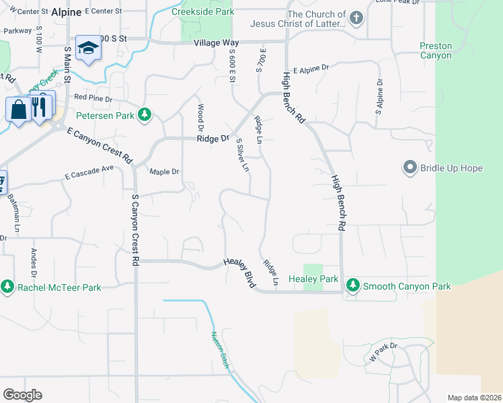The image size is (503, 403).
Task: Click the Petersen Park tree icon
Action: [144, 115]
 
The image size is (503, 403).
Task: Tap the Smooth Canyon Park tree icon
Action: [353, 285]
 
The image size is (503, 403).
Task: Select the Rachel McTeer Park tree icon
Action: [7, 287]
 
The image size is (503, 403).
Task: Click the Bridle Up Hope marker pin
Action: [410, 167]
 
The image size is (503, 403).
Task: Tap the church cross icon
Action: [356, 18]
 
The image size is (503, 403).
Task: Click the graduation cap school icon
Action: [87, 48]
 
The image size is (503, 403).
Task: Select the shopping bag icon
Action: [18, 108]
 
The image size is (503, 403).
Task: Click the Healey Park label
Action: [313, 279]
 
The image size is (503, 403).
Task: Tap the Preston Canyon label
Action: [436, 51]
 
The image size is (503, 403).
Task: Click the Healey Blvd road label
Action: [240, 275]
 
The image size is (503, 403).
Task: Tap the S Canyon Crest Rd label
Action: [135, 228]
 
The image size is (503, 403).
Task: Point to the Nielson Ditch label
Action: [220, 349]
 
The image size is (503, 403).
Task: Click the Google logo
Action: [23, 394]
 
